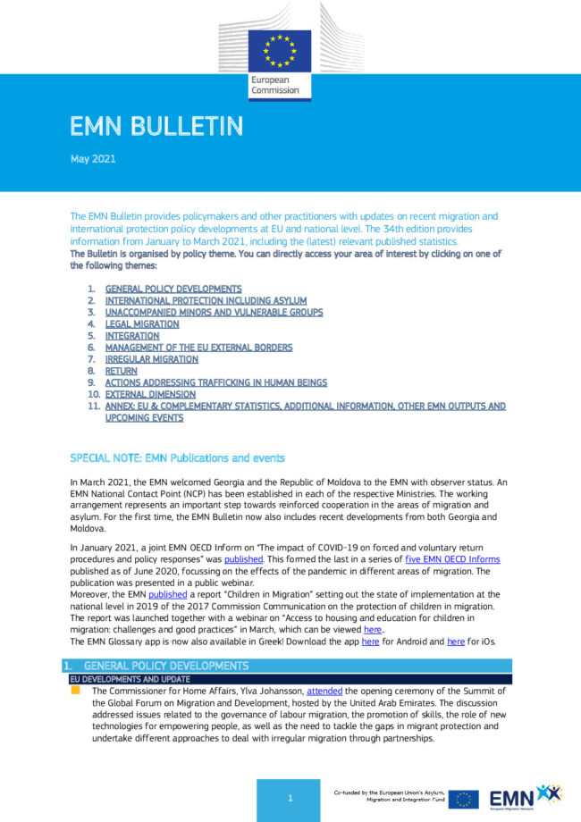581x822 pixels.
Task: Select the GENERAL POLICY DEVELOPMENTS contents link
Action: click(x=173, y=289)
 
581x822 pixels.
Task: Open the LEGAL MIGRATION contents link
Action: click(x=142, y=324)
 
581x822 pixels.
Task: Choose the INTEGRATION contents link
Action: click(x=132, y=336)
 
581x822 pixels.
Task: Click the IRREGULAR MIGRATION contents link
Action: click(x=152, y=359)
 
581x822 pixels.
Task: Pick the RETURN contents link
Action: click(x=121, y=371)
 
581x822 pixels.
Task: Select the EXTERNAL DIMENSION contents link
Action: click(x=150, y=394)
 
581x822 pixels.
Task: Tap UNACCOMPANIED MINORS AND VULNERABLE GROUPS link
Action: click(x=214, y=313)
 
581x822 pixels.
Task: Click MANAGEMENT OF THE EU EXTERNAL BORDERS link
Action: click(x=198, y=348)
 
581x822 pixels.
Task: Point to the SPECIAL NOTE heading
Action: click(x=177, y=457)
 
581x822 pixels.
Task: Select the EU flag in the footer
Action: click(x=463, y=799)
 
